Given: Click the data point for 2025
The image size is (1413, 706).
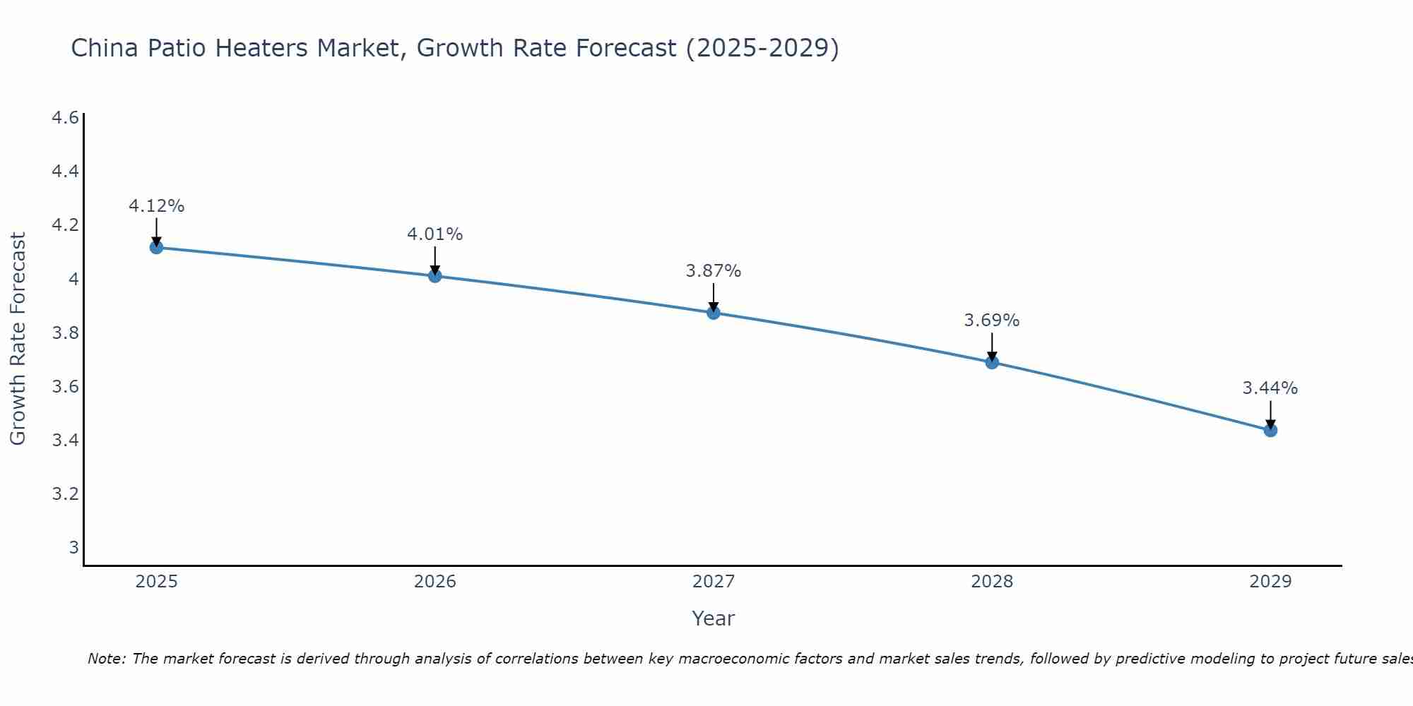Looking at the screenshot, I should [x=156, y=247].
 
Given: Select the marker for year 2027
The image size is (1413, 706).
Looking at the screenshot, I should [x=714, y=313].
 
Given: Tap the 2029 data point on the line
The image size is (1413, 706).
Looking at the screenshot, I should [x=1270, y=430].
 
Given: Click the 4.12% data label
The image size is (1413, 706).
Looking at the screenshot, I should [x=156, y=206].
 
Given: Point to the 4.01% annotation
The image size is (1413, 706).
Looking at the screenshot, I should [x=434, y=234].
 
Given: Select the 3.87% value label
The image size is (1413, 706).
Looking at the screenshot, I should [x=714, y=271].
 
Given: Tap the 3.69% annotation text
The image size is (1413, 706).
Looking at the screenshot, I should [x=992, y=321].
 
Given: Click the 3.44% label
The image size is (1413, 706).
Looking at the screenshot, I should [x=1270, y=388].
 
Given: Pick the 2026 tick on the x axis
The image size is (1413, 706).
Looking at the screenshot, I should [x=434, y=582].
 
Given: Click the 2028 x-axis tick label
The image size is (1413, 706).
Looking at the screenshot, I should [x=992, y=582].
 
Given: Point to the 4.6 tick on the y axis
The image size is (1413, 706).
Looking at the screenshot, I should [x=65, y=118].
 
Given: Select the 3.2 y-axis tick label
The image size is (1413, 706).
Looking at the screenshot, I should [x=65, y=493].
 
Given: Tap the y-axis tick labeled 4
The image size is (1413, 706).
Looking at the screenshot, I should [x=73, y=279].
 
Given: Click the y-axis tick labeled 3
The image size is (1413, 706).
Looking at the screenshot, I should [x=73, y=547].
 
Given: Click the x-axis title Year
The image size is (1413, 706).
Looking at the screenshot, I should [x=714, y=618].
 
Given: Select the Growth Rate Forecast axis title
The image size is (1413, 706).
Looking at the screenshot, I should [x=18, y=339].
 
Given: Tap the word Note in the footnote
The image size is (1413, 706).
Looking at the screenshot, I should [x=105, y=659].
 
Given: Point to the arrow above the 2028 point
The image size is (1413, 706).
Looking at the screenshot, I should [x=992, y=345].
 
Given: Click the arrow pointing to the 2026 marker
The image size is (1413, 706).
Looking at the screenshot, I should [x=434, y=259].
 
